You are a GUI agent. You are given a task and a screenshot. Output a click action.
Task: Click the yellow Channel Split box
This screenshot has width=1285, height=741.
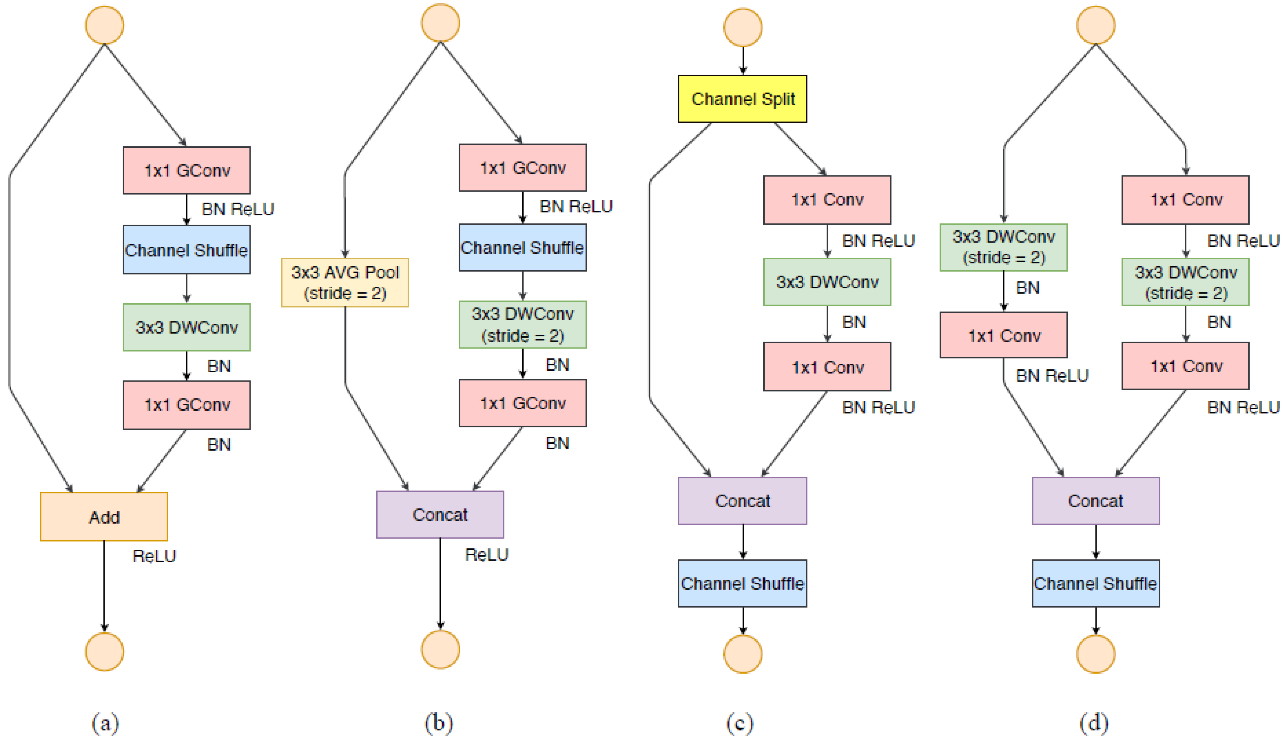pos(742,99)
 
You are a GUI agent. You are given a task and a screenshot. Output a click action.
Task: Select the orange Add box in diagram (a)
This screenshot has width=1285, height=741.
pos(104,517)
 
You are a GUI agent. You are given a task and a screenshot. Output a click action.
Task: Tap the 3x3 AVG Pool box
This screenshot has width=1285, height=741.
pos(345,282)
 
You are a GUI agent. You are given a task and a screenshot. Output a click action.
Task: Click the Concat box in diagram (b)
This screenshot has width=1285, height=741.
pos(440,514)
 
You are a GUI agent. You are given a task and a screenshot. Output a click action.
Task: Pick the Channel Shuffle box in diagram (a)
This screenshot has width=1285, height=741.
pos(186,250)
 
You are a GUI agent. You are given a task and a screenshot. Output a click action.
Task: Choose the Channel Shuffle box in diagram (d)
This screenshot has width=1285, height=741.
pos(1095,583)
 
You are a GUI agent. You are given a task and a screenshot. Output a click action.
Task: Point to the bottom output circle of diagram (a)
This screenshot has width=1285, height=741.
pos(104,651)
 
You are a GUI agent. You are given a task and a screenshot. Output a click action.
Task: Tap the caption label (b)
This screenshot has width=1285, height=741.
pos(438,723)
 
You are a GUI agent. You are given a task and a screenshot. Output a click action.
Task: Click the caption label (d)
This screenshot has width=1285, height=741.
pos(1094,723)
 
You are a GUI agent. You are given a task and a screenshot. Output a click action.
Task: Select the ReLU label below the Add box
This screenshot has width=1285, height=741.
pos(154,556)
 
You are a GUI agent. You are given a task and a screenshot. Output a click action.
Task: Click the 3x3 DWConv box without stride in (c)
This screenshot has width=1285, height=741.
pos(827,282)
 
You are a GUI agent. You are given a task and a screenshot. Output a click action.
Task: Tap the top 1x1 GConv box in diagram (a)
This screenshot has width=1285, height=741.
pos(186,170)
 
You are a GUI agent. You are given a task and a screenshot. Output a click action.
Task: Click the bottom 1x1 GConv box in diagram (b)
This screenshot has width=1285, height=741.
pos(522,403)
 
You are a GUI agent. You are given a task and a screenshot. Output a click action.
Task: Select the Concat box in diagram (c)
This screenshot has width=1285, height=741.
pos(742,501)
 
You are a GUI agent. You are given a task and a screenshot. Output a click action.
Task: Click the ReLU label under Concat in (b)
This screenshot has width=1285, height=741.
pos(486,554)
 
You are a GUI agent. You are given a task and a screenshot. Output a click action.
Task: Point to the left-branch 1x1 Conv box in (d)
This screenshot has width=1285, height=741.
pos(1003,335)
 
